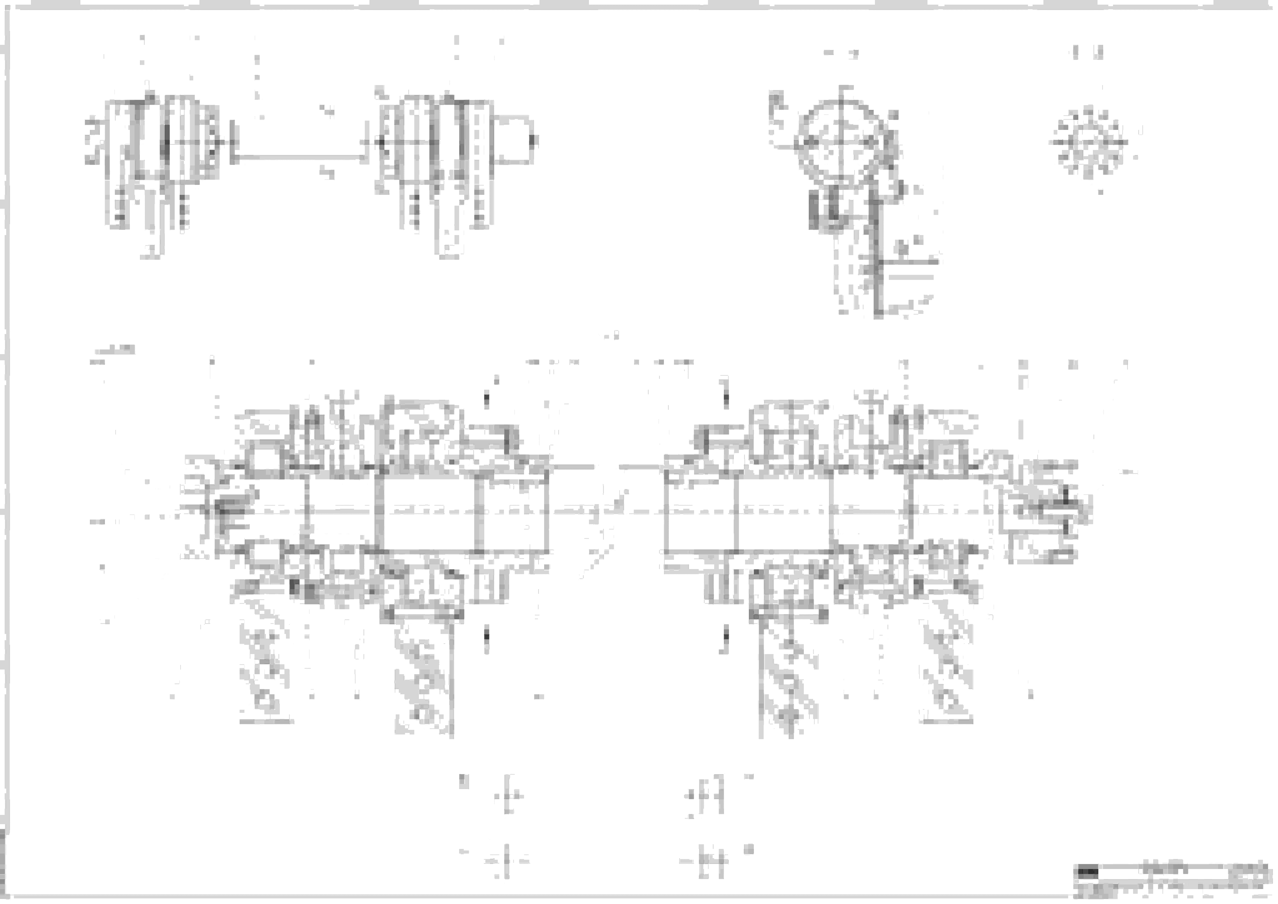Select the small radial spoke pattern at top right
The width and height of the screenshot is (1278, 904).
pos(1088,142)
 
